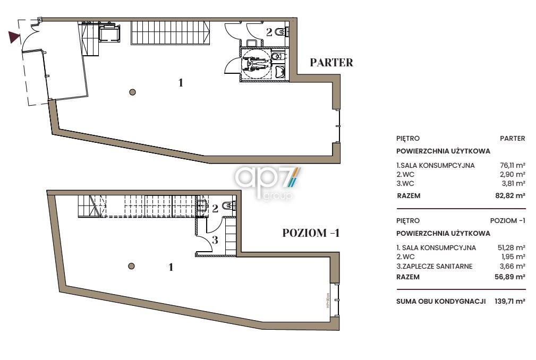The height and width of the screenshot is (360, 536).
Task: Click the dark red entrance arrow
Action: pyautogui.click(x=14, y=37)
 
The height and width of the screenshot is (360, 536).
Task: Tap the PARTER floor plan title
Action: pyautogui.click(x=331, y=63)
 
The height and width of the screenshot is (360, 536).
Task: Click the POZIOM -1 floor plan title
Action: pyautogui.click(x=311, y=233)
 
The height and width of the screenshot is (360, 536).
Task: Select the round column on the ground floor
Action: pyautogui.click(x=133, y=92)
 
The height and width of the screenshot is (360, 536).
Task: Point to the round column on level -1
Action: pyautogui.click(x=131, y=266)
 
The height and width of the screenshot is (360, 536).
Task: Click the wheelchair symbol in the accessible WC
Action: pyautogui.click(x=256, y=64)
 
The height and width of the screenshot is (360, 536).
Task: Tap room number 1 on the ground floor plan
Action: pyautogui.click(x=181, y=83)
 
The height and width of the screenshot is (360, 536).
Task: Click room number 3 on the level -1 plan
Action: pyautogui.click(x=215, y=240)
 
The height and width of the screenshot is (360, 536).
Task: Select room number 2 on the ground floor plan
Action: pyautogui.click(x=269, y=32)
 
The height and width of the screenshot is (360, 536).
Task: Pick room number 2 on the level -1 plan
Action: pyautogui.click(x=215, y=208)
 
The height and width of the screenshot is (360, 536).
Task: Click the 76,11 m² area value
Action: pyautogui.click(x=513, y=165)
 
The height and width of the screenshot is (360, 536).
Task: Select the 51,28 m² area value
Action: pyautogui.click(x=512, y=247)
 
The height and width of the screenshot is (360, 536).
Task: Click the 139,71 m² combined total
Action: pyautogui.click(x=509, y=301)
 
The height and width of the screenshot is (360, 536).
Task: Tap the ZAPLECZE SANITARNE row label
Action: pyautogui.click(x=435, y=266)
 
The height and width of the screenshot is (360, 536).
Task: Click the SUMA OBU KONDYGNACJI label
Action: pyautogui.click(x=441, y=301)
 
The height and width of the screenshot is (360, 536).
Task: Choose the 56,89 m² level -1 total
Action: pyautogui.click(x=510, y=277)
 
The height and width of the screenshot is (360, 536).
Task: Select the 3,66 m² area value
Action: pyautogui.click(x=513, y=266)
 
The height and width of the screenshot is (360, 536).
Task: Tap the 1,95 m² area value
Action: pyautogui.click(x=513, y=256)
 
